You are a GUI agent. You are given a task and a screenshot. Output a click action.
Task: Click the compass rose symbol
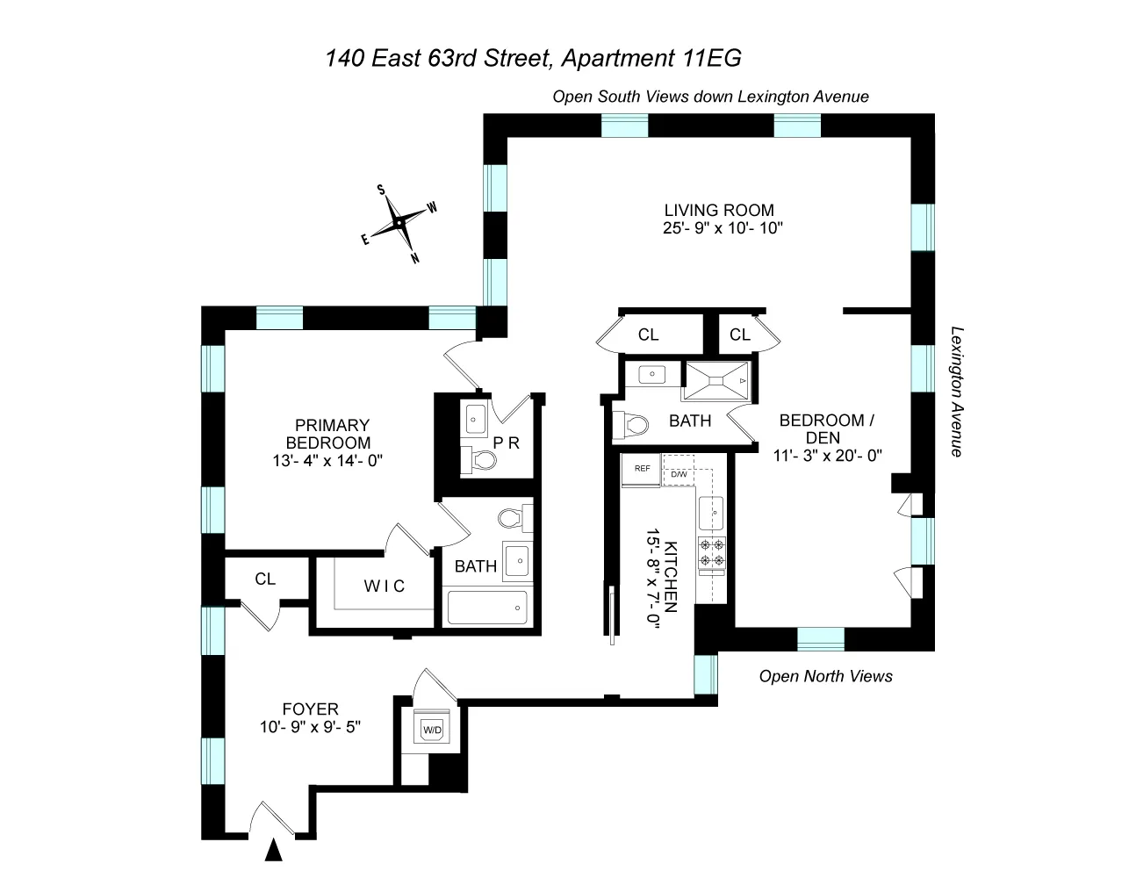399,223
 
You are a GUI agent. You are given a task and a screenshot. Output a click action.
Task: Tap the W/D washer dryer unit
432,730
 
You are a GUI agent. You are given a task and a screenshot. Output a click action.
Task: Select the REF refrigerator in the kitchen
642,469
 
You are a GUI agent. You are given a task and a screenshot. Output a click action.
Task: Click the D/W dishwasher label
679,475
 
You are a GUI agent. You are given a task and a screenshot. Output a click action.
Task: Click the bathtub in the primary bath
487,607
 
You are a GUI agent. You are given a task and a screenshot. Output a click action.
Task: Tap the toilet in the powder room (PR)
478,458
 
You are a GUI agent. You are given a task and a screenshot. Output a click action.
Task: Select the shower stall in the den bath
717,380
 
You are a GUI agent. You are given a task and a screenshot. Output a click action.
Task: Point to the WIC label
385,586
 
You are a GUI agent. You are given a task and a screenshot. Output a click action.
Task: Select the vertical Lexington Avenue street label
956,392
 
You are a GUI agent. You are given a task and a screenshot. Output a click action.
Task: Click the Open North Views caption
825,676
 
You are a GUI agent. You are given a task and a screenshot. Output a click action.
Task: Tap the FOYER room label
310,709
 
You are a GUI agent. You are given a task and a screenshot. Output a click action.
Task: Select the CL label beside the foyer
265,579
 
